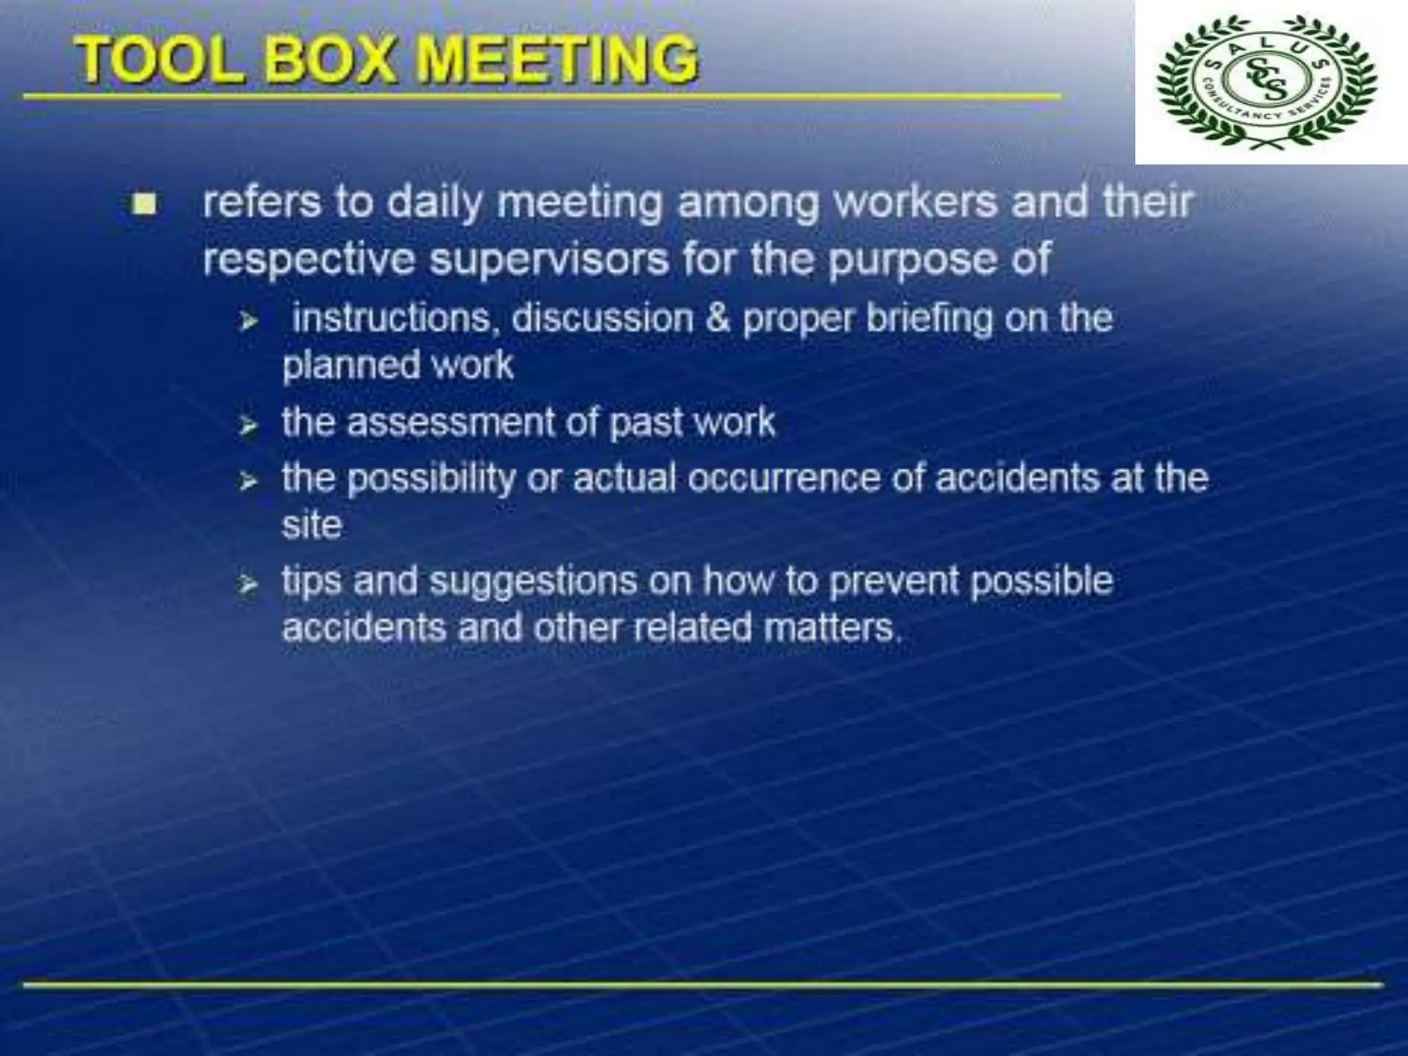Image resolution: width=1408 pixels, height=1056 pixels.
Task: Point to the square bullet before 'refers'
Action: (x=145, y=204)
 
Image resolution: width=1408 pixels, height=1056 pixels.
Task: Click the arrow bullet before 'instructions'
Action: (x=248, y=321)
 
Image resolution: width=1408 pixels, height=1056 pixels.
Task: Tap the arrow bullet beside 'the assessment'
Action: (x=248, y=427)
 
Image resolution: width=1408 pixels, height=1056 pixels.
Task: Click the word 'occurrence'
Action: (x=784, y=477)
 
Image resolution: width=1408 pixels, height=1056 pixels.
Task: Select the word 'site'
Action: (x=311, y=525)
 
